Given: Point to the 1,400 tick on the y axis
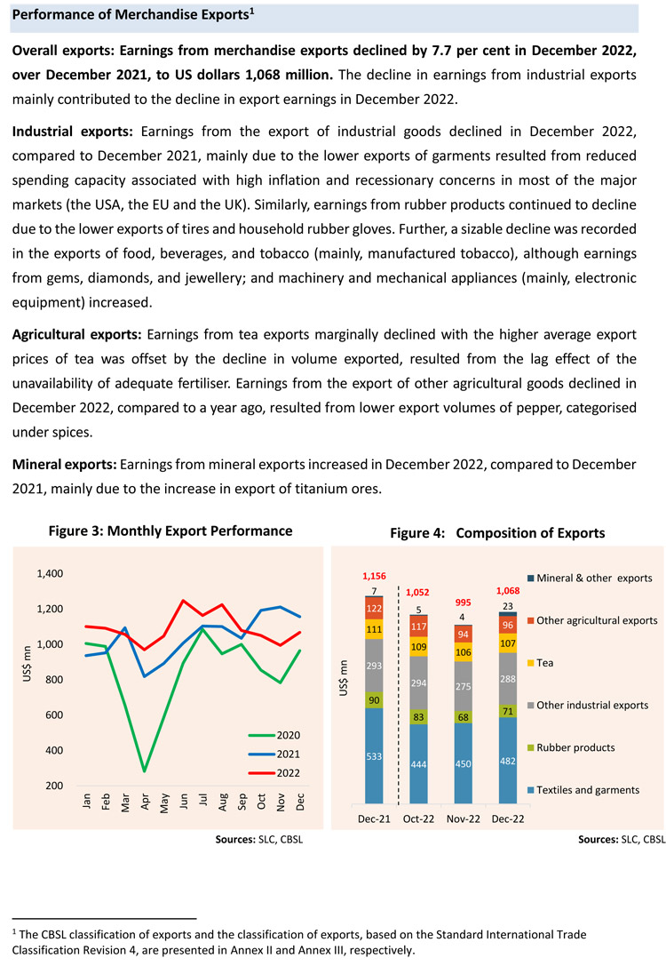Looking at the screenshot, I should [x=50, y=574].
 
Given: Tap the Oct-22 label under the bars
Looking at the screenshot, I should [x=418, y=817].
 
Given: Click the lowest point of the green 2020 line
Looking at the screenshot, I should [x=144, y=770].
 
